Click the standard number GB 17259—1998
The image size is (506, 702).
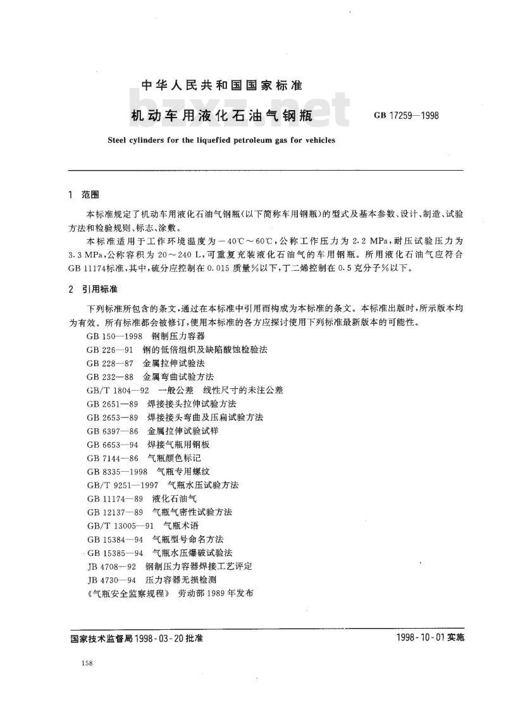(x=405, y=116)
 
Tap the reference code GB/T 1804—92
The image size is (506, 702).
(x=118, y=390)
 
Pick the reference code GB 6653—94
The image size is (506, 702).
(x=111, y=445)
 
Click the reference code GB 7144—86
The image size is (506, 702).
(x=111, y=458)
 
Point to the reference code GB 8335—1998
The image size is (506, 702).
(x=117, y=472)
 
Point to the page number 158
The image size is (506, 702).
(x=88, y=662)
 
